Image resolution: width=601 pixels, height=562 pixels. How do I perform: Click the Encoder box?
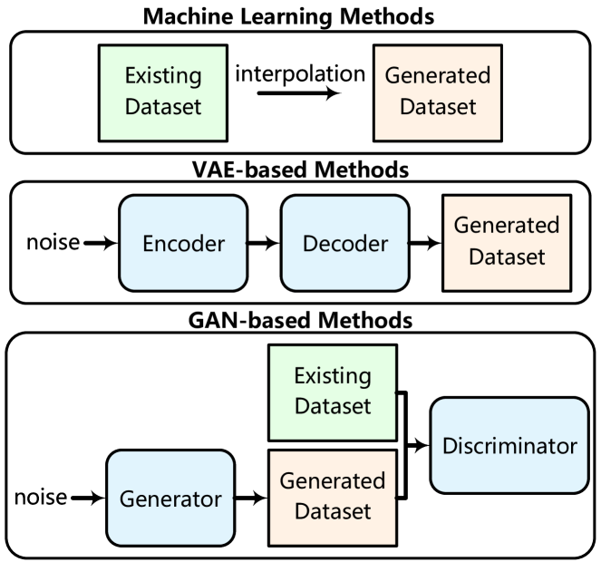(183, 243)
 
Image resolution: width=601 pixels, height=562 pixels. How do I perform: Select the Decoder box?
(344, 243)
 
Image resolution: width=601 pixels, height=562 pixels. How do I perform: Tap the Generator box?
(170, 499)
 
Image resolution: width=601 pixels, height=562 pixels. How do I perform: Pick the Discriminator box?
(509, 446)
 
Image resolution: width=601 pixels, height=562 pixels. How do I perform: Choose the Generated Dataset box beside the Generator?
(333, 498)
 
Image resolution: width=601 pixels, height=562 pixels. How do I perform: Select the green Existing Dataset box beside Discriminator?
(333, 392)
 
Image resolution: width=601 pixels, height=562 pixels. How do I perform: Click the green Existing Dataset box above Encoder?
(162, 92)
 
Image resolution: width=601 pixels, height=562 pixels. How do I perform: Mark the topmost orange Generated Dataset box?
(438, 92)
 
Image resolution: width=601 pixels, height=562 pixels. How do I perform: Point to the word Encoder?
(183, 244)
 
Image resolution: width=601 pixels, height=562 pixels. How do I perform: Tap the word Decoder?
(344, 244)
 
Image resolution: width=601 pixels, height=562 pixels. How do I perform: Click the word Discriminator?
(509, 446)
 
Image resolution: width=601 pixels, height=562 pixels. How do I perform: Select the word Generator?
(170, 499)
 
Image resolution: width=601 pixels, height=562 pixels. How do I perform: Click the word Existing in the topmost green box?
(162, 76)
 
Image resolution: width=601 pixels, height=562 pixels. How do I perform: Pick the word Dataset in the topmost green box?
(162, 107)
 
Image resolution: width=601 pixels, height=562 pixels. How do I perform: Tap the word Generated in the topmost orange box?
(438, 76)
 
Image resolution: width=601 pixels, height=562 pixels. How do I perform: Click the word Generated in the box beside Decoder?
(507, 226)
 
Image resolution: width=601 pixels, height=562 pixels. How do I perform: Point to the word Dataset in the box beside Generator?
(333, 512)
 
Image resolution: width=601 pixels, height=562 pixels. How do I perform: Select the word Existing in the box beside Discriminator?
(333, 376)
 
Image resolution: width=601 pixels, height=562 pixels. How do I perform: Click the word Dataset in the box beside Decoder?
(507, 257)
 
